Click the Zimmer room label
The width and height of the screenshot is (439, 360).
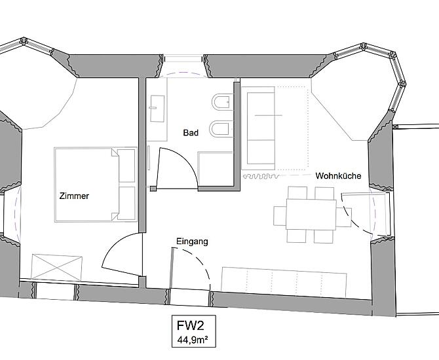[x=74, y=196]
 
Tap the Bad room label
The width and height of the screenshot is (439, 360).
[x=191, y=133]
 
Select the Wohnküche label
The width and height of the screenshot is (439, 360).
[x=338, y=175]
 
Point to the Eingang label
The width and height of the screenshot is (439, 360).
[x=192, y=242]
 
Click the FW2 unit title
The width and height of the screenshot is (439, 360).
[x=191, y=325]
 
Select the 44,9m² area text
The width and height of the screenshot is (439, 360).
[x=193, y=340]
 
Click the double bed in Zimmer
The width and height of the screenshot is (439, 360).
[x=96, y=185]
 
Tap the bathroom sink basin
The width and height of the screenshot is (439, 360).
[x=157, y=109]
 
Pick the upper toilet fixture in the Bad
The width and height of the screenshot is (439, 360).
[x=222, y=102]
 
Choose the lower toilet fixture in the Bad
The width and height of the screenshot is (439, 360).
[x=221, y=129]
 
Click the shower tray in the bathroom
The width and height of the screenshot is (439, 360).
[x=216, y=169]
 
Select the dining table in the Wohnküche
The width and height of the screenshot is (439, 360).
[x=311, y=214]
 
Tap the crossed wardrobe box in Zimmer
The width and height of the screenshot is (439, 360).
[x=57, y=268]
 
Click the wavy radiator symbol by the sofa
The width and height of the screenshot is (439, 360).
[x=261, y=176]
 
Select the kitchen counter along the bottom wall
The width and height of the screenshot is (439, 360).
[x=284, y=283]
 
